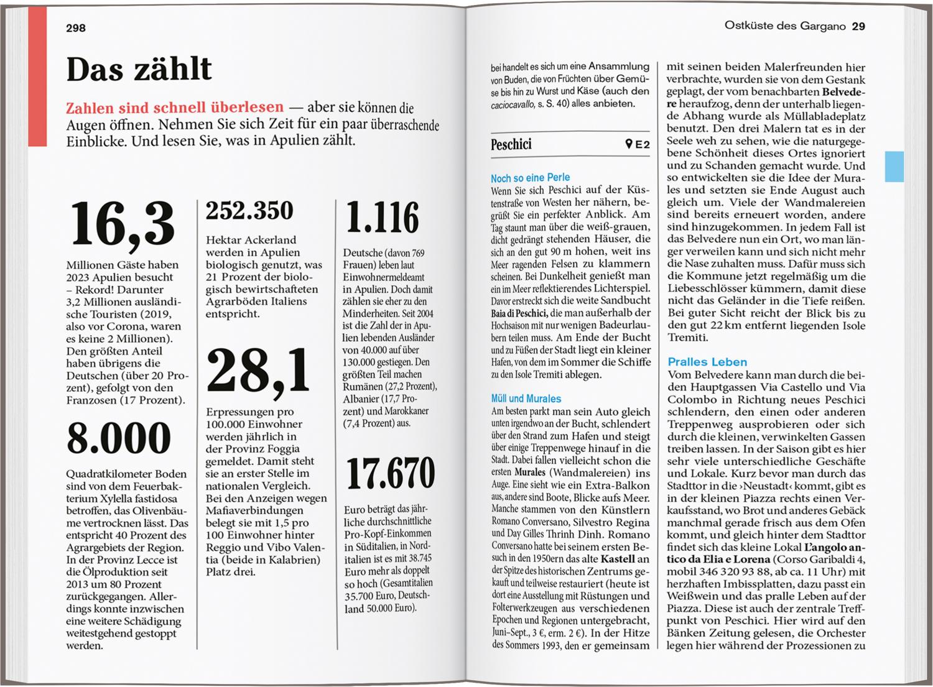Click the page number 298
(76, 28)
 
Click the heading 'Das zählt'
(139, 68)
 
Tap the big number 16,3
(121, 224)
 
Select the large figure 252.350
(249, 211)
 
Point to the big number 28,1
(258, 371)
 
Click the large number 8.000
(119, 438)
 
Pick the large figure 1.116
(382, 218)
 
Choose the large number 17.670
(390, 474)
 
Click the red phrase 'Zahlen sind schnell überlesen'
(175, 108)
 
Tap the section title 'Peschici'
(511, 145)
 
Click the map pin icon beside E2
(629, 145)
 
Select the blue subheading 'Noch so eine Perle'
(530, 178)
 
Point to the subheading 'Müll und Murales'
(526, 399)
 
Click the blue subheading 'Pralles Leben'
(707, 362)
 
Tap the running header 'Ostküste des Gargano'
(785, 26)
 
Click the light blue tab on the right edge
(894, 166)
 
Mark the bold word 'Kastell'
(618, 559)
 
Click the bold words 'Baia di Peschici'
(519, 313)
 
